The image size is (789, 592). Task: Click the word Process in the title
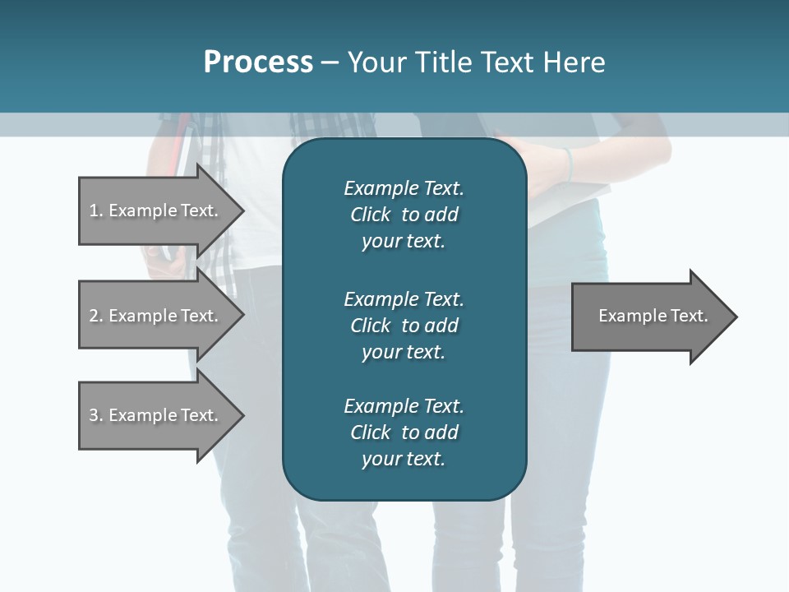pyautogui.click(x=258, y=62)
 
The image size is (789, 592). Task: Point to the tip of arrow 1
pyautogui.click(x=242, y=211)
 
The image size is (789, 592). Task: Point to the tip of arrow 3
pyautogui.click(x=242, y=415)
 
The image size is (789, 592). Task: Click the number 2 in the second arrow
pyautogui.click(x=94, y=316)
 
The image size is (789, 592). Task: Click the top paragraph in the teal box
pyautogui.click(x=404, y=215)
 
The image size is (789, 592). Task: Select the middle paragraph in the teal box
pyautogui.click(x=404, y=326)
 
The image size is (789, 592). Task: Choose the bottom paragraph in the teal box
pyautogui.click(x=404, y=432)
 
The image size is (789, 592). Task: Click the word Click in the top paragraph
pyautogui.click(x=371, y=215)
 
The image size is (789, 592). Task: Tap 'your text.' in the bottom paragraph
pyautogui.click(x=404, y=459)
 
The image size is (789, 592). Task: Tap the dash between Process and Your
pyautogui.click(x=330, y=62)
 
